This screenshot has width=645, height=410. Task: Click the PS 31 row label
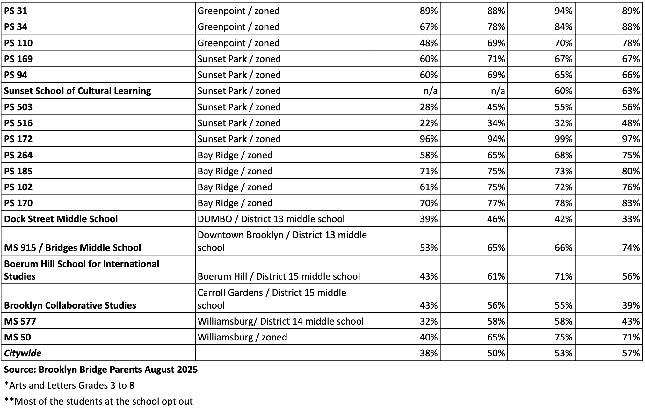pos(16,11)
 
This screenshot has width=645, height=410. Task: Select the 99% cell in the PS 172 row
pos(563,139)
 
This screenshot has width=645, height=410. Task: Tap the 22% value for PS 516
pos(429,123)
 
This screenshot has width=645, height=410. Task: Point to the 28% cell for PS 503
pos(429,107)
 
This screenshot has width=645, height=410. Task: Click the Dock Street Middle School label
pos(61,219)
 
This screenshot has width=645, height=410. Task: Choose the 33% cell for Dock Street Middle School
pos(631,219)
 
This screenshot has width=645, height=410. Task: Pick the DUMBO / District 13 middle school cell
pos(271,219)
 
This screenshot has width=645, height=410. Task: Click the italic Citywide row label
pos(23,353)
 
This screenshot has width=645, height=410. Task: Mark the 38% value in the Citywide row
pos(429,353)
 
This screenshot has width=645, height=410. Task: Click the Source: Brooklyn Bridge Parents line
pos(101,370)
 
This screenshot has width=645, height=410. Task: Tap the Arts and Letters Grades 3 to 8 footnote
pos(69,386)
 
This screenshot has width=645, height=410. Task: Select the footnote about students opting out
pos(98,401)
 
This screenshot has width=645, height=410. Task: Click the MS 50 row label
pos(18,337)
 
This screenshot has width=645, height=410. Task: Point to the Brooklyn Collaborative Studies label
pos(70,305)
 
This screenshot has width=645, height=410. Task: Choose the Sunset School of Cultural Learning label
pos(77,91)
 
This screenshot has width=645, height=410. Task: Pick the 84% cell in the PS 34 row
pos(563,27)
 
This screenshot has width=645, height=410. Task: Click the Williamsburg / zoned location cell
pos(242,337)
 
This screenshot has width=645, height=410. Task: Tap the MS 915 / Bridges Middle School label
pos(72,248)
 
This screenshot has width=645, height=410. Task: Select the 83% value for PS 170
pos(631,203)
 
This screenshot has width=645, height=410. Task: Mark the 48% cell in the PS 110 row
pos(429,43)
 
